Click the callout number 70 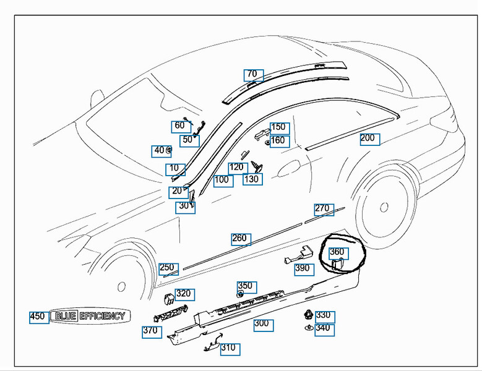252,75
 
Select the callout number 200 369,139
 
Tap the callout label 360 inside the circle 338,252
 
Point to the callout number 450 38,317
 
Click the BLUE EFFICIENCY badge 90,316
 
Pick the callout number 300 262,323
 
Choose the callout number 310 228,348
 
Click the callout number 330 324,316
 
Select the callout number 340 324,328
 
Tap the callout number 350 246,286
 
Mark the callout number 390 303,268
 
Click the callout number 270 323,209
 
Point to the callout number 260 240,239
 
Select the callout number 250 168,268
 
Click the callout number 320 184,294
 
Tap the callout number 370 151,331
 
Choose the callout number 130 252,179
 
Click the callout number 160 278,141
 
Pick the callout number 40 160,150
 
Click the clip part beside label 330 308,315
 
